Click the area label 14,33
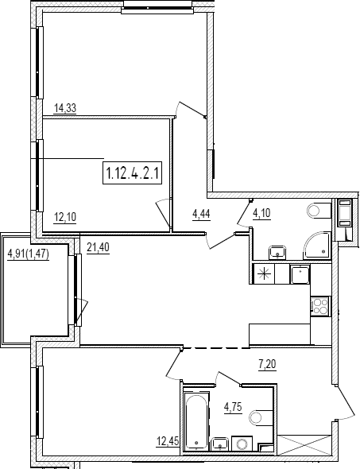pyautogui.click(x=65, y=108)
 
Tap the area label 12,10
pyautogui.click(x=65, y=217)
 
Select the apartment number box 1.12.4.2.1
pyautogui.click(x=133, y=172)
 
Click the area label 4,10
pyautogui.click(x=261, y=213)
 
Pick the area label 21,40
pyautogui.click(x=98, y=248)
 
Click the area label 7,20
pyautogui.click(x=267, y=364)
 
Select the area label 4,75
pyautogui.click(x=233, y=407)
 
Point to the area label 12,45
pyautogui.click(x=168, y=441)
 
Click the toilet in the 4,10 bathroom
pyautogui.click(x=319, y=211)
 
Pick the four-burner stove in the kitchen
pyautogui.click(x=319, y=306)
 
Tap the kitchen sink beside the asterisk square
pyautogui.click(x=300, y=274)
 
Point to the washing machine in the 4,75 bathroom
pyautogui.click(x=242, y=443)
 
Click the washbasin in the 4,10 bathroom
pyautogui.click(x=278, y=253)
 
